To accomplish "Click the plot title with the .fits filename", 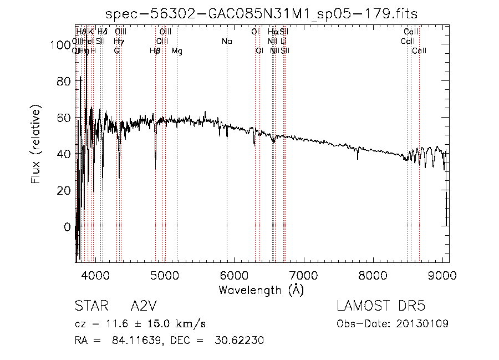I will click(x=262, y=14).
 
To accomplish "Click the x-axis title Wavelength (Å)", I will click(x=261, y=290).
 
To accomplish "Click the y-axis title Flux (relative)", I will click(x=37, y=145).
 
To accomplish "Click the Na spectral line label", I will click(x=227, y=42).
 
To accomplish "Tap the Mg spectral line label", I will click(x=177, y=51).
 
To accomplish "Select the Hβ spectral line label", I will click(x=155, y=51).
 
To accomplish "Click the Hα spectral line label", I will click(x=273, y=32).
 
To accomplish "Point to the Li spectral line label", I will click(x=284, y=42).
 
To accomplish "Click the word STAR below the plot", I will click(x=89, y=307).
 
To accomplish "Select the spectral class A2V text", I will click(x=143, y=307).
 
